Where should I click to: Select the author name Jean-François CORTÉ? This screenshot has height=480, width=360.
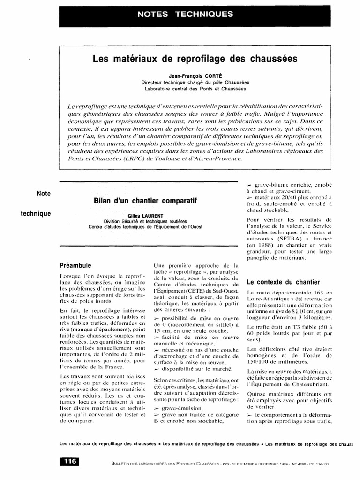pos(195,75)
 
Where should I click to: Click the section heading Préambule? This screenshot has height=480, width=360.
pos(75,265)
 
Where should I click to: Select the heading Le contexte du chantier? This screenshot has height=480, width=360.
pos(283,282)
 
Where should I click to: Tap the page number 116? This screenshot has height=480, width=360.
pos(69,461)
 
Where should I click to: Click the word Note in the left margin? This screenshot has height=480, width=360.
pos(44,193)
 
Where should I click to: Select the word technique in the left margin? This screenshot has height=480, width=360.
pos(36,214)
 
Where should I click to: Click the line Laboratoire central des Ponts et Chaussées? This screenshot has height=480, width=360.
pos(195,88)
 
